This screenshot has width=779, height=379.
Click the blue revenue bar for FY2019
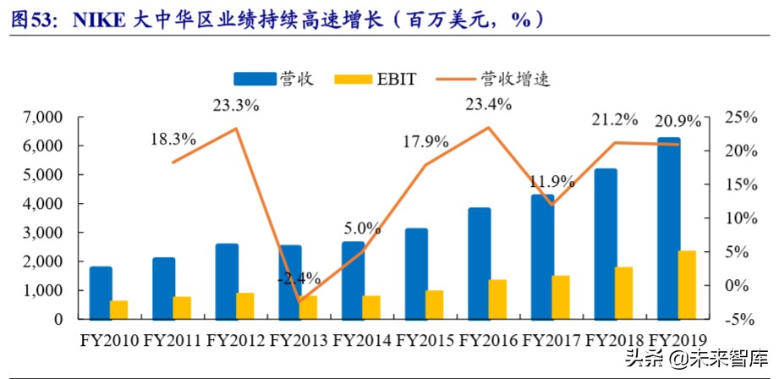click(x=668, y=228)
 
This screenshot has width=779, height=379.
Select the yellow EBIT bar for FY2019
click(x=687, y=285)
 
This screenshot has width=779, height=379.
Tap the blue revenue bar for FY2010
click(x=101, y=294)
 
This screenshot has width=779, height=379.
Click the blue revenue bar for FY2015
click(x=415, y=274)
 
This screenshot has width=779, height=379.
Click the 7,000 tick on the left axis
click(x=41, y=118)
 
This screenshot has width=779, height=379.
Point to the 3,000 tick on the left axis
click(x=41, y=233)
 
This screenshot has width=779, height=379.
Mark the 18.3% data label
click(x=173, y=139)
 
